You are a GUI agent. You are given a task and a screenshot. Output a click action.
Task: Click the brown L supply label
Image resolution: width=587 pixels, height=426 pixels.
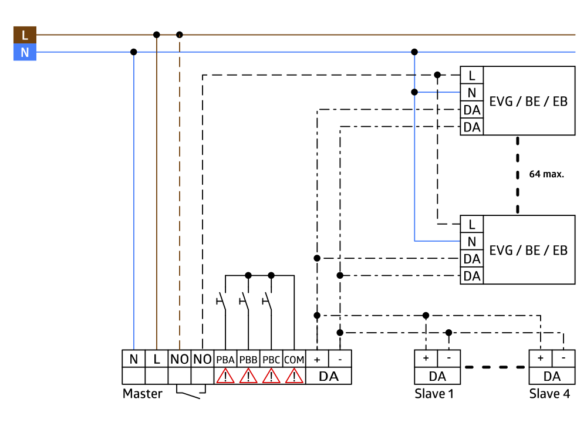pos(25,35)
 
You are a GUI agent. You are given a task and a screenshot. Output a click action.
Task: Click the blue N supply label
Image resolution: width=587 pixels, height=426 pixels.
pos(25,53)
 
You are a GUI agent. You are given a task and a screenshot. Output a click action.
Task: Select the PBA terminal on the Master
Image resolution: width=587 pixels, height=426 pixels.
pos(225,359)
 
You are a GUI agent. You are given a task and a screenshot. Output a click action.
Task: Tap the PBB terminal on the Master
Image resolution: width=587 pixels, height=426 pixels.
pos(248,359)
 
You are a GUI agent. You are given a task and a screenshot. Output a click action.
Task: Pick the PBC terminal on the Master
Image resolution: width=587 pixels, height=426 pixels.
pos(271,359)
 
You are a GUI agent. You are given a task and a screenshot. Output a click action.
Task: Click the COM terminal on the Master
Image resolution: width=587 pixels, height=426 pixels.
pos(294,359)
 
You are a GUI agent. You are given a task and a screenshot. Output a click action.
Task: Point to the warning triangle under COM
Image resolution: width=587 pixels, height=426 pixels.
pos(294,376)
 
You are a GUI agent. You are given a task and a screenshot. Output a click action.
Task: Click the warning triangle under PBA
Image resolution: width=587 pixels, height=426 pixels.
pos(225,376)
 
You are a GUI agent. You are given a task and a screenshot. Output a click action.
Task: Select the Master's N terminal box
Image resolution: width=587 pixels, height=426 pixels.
pos(133,359)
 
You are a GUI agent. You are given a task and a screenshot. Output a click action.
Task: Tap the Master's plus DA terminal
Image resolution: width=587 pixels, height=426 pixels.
pos(317,359)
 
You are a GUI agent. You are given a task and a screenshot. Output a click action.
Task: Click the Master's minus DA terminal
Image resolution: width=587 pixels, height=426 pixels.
pos(340,359)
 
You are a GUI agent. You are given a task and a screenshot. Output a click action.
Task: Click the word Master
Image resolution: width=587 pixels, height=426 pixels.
pos(142,394)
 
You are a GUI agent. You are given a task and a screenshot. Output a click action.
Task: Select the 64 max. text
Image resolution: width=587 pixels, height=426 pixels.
pos(546,174)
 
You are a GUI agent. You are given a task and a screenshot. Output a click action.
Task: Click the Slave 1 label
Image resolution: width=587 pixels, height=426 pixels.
pos(434,394)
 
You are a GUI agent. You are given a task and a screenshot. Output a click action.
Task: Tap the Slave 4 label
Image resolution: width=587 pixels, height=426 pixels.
pos(549,394)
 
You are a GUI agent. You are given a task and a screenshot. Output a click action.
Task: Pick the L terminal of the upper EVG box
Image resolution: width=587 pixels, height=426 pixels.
pos(471,75)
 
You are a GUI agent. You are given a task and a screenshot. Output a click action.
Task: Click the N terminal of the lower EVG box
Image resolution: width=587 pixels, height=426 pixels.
pos(471,241)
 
